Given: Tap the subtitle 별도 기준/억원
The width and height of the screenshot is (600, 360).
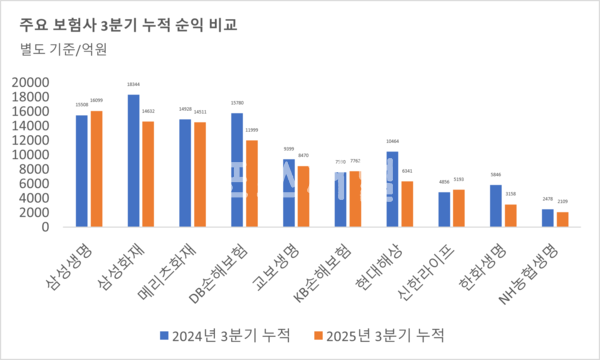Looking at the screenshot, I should [63, 49].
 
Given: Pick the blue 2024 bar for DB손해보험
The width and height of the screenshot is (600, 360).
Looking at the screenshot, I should [237, 169].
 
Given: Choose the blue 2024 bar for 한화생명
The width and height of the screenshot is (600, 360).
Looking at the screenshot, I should [496, 205].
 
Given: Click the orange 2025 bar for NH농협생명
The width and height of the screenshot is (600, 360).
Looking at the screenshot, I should [562, 219].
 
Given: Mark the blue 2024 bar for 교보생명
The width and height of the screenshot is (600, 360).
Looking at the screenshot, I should [289, 193].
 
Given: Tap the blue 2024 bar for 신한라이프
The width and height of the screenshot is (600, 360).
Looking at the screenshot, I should [444, 209].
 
